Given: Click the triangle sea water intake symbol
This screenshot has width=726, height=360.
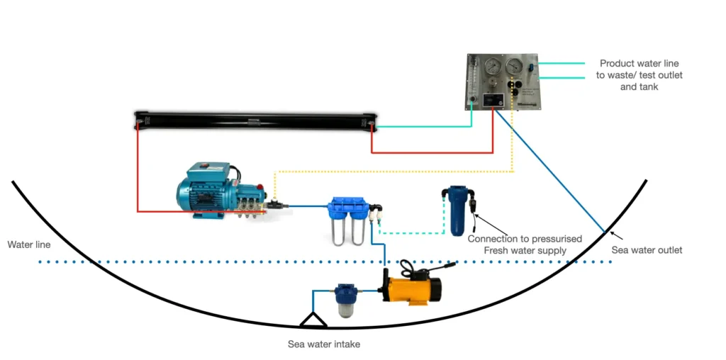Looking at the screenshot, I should point(313,320).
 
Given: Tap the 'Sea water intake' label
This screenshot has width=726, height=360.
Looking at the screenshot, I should point(324,344).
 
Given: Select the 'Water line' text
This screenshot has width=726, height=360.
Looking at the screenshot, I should point(28,244).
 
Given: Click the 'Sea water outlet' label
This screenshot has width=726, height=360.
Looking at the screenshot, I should point(647,250).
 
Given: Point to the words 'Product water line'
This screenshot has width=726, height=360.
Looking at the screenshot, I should point(639,64).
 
